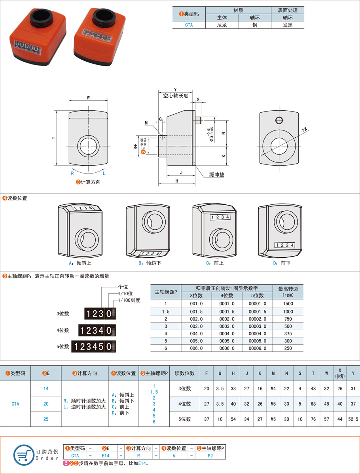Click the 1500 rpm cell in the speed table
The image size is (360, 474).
click(288, 304)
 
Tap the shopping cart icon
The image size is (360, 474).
click(23, 454)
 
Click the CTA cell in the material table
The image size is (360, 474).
click(189, 25)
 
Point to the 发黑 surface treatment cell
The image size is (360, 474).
click(288, 25)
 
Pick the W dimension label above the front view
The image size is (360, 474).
click(88, 97)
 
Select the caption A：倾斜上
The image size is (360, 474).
click(80, 263)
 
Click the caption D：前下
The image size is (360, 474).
click(282, 263)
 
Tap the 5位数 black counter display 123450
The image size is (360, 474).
click(93, 346)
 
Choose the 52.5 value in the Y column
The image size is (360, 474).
click(353, 419)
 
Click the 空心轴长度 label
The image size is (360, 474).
click(176, 96)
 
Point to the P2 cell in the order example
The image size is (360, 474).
click(210, 455)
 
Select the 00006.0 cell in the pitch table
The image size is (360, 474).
click(257, 348)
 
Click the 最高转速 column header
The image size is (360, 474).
click(288, 292)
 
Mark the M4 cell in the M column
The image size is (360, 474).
click(273, 389)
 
